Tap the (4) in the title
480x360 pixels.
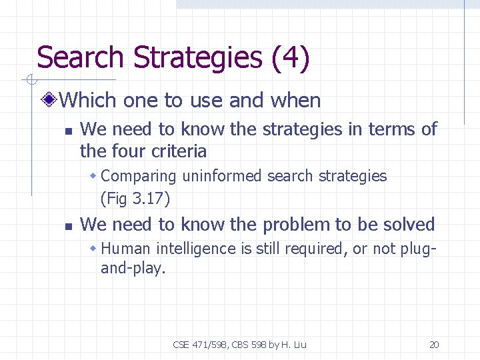tap(291, 57)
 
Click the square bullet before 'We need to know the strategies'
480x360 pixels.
tap(67, 129)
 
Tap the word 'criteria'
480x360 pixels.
tap(180, 151)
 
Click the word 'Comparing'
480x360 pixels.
tap(139, 177)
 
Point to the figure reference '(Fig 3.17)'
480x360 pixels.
tap(135, 198)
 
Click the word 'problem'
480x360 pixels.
tap(297, 225)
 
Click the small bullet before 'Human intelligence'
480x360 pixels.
tap(94, 249)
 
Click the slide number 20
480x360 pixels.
tap(434, 345)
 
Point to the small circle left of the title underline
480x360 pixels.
tap(31, 81)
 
